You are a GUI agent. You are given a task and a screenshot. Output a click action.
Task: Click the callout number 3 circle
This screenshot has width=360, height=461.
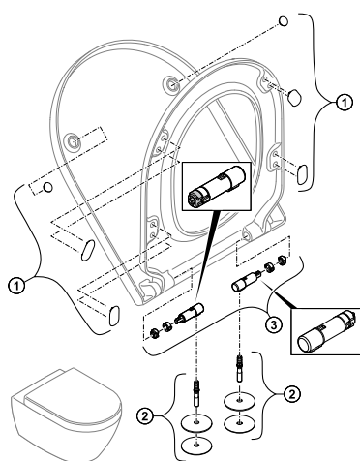(274, 324)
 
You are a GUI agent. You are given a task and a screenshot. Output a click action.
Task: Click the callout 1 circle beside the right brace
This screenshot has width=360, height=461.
(345, 103)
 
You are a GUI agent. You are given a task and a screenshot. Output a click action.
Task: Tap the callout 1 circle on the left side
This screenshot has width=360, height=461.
(16, 286)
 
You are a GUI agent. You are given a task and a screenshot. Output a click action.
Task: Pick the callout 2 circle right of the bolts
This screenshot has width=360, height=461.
(292, 394)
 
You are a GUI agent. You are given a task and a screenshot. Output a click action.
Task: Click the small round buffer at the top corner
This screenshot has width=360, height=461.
(284, 21)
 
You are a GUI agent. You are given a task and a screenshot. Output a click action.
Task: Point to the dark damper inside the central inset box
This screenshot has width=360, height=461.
(217, 186)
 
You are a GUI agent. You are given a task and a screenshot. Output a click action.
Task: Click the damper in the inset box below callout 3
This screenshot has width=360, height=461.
(327, 331)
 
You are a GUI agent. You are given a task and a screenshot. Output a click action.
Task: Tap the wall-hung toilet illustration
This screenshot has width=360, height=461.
(67, 414)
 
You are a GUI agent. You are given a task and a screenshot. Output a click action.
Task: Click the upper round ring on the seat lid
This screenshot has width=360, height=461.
(171, 84)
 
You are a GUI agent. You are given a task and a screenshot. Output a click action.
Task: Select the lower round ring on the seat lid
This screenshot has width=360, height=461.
(74, 141)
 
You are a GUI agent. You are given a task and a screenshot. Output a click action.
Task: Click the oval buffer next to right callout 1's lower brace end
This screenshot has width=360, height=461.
(302, 174)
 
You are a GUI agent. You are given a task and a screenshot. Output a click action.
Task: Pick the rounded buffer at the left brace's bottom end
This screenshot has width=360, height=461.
(114, 316)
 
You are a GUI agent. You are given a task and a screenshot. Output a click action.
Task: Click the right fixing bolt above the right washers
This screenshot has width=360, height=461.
(239, 369)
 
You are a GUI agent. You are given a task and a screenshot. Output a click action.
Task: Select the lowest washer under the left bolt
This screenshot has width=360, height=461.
(196, 446)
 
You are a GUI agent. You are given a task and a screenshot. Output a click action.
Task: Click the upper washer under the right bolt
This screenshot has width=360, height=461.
(239, 401)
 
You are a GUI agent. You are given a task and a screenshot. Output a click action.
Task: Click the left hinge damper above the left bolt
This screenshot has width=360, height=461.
(190, 313)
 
